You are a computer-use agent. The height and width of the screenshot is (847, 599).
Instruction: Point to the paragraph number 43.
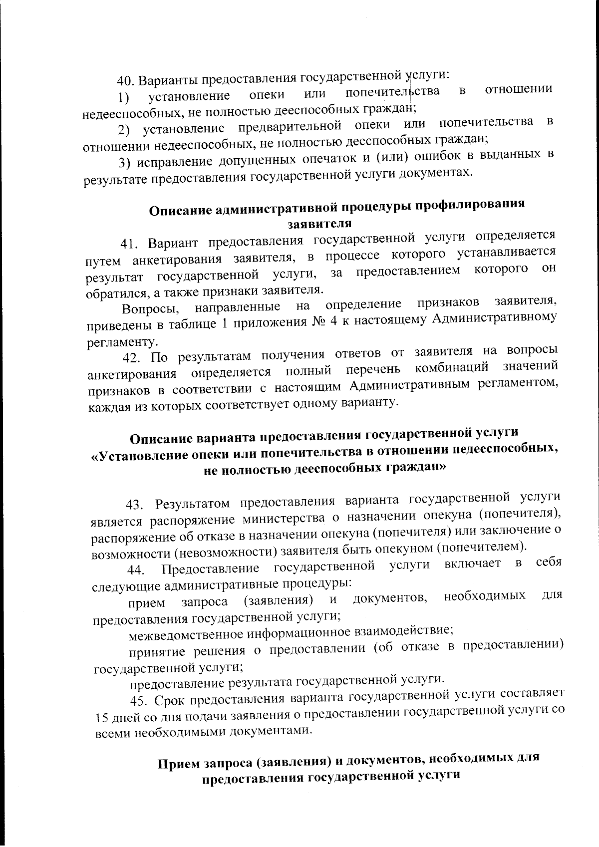(x=135, y=505)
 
